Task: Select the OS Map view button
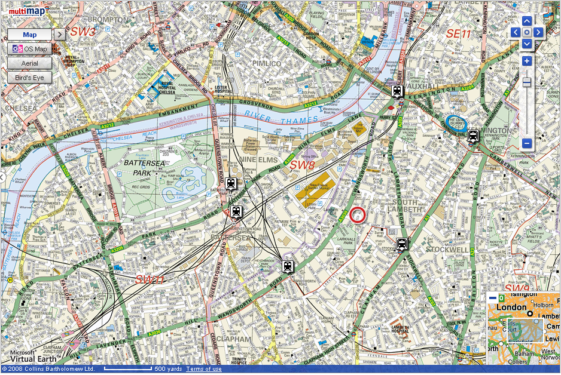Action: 29,49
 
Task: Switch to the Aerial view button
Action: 29,63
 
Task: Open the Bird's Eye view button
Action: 29,78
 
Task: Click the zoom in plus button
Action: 526,61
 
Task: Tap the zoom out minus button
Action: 526,143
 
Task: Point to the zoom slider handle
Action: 526,82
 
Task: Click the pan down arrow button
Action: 526,44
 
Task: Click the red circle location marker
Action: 358,214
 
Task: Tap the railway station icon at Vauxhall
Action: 397,91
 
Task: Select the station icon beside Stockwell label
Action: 402,244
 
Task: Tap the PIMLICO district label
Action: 266,63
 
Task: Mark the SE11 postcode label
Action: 459,34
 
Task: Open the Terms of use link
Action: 203,369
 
